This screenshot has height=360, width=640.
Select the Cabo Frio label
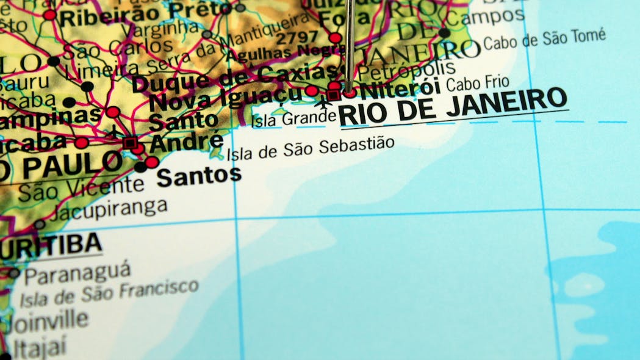[478, 84]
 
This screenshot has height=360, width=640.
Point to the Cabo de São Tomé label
[544, 38]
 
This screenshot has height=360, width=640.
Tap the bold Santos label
[199, 176]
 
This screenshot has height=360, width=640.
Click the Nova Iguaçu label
[226, 98]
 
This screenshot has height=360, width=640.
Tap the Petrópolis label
[406, 69]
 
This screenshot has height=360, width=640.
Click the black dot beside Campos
[444, 33]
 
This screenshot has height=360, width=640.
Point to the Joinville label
[46, 320]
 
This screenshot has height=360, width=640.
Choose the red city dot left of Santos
[152, 162]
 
